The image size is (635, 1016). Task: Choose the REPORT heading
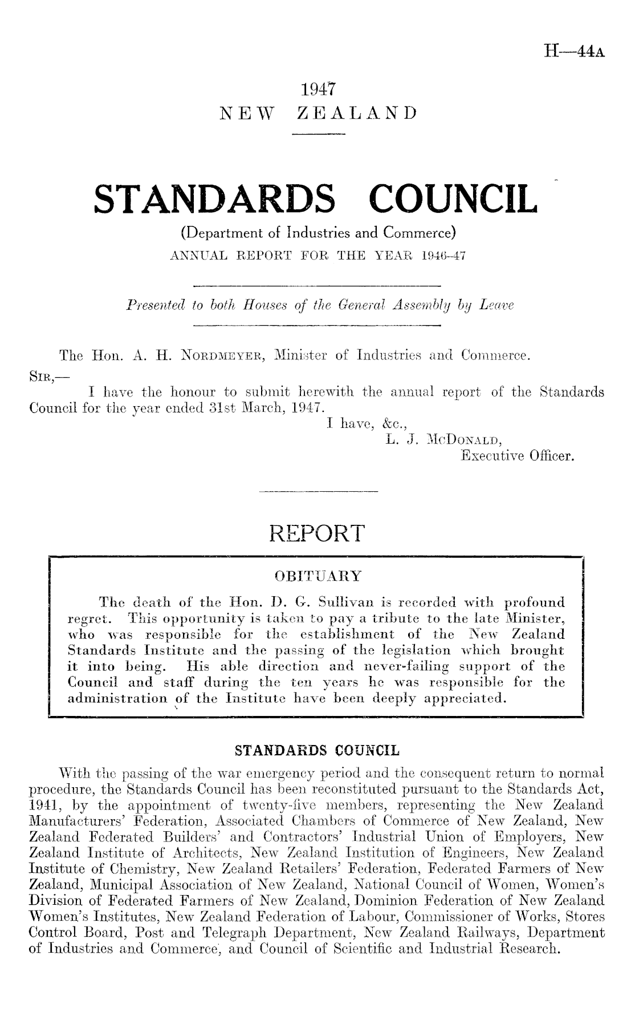(317, 533)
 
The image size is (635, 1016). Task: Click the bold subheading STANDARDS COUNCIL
(317, 750)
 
